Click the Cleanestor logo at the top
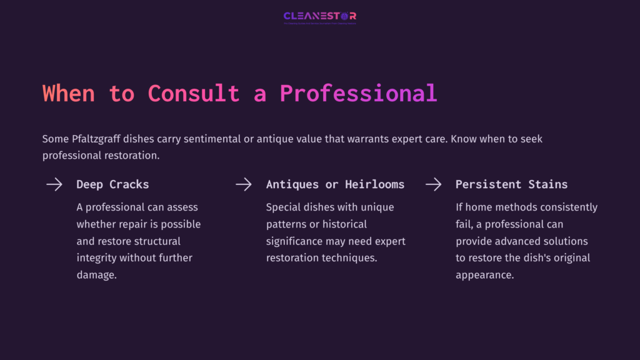[x=319, y=16]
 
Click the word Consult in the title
[x=194, y=93]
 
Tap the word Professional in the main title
[x=358, y=93]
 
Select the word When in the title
[x=69, y=93]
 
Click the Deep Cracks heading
[x=112, y=184]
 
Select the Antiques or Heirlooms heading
[x=335, y=184]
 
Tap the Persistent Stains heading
[x=511, y=184]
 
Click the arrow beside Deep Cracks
[x=54, y=184]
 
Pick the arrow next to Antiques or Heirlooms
[x=244, y=184]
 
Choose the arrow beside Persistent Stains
[x=433, y=184]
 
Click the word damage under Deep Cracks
[x=96, y=274]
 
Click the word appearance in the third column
[x=484, y=274]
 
